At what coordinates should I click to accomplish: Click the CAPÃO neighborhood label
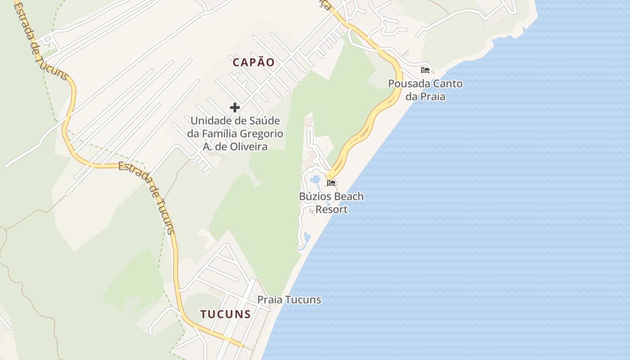point(253,63)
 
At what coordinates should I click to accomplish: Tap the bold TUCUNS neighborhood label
point(225,314)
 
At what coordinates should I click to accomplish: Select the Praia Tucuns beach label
point(289,300)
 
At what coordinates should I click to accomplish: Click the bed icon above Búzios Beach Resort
point(332,183)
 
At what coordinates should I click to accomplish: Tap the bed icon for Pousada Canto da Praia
point(425,70)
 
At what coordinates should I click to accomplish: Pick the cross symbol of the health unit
point(234,108)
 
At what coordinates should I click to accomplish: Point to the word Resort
point(332,209)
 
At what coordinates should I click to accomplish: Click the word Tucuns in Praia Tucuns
point(305,300)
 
